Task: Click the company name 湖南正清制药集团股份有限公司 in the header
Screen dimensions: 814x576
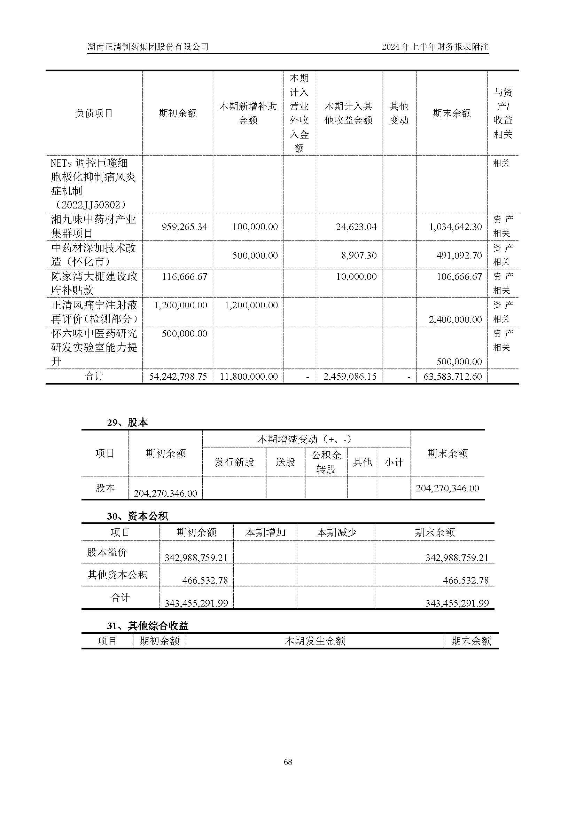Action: pyautogui.click(x=148, y=47)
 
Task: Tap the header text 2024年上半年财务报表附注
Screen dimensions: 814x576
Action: pyautogui.click(x=435, y=47)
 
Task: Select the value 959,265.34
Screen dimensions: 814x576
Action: pyautogui.click(x=184, y=227)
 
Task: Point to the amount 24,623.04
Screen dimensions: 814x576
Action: pyautogui.click(x=356, y=227)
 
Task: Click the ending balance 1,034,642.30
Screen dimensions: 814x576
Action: pyautogui.click(x=456, y=227)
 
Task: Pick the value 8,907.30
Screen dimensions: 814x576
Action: pyautogui.click(x=359, y=255)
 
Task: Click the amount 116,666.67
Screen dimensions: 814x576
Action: pyautogui.click(x=185, y=277)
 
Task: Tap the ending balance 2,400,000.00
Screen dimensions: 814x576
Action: pyautogui.click(x=456, y=319)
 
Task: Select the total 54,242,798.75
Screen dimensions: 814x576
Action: pyautogui.click(x=178, y=377)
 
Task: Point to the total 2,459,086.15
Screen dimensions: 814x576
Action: pyautogui.click(x=350, y=377)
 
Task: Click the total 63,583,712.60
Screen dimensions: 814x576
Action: pyautogui.click(x=453, y=377)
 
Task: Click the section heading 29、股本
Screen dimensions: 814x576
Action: pyautogui.click(x=127, y=422)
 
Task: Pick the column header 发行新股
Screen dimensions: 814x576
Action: pyautogui.click(x=234, y=462)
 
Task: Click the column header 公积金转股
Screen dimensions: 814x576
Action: pyautogui.click(x=326, y=462)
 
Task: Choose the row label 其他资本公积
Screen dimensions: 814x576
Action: pyautogui.click(x=117, y=575)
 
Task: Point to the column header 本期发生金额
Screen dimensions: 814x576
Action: pyautogui.click(x=314, y=641)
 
